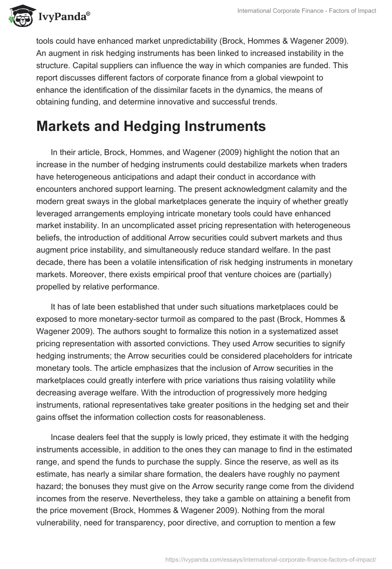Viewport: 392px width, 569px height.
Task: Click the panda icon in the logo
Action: coord(20,16)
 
